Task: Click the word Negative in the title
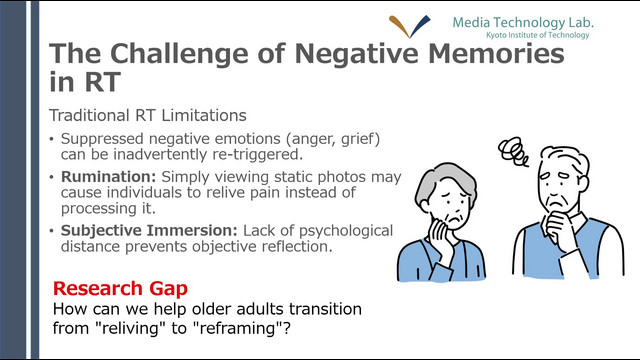pyautogui.click(x=356, y=54)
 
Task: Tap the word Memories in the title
pyautogui.click(x=496, y=53)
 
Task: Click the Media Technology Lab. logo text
pyautogui.click(x=523, y=22)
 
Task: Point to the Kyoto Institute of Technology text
pyautogui.click(x=538, y=35)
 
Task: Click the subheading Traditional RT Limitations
pyautogui.click(x=148, y=116)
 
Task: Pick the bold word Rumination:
pyautogui.click(x=109, y=177)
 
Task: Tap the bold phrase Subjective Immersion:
pyautogui.click(x=149, y=231)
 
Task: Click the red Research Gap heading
pyautogui.click(x=120, y=289)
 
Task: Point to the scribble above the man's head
pyautogui.click(x=513, y=151)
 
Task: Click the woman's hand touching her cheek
pyautogui.click(x=442, y=237)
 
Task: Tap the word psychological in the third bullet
pyautogui.click(x=346, y=231)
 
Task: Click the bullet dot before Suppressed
pyautogui.click(x=51, y=139)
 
